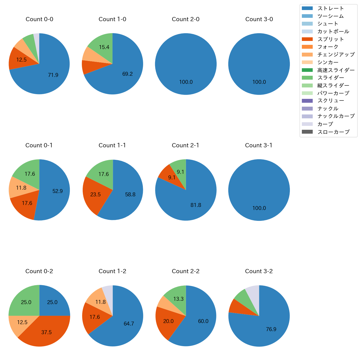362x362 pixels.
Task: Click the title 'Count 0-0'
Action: (x=39, y=19)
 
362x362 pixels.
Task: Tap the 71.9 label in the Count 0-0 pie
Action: (x=53, y=75)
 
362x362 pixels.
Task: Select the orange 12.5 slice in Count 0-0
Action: (x=21, y=60)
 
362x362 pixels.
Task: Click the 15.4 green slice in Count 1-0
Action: (x=104, y=47)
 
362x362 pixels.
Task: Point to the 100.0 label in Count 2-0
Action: (x=186, y=82)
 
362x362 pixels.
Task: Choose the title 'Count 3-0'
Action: (x=259, y=19)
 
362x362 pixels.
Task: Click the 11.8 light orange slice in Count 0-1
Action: (x=21, y=188)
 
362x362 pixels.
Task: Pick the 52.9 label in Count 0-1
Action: (x=58, y=191)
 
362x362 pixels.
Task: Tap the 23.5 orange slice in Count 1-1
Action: (x=96, y=194)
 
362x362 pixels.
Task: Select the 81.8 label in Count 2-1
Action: (x=196, y=205)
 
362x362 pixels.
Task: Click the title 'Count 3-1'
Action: (x=259, y=145)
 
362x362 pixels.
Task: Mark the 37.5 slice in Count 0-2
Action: (x=47, y=332)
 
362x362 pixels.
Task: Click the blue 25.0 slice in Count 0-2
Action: (x=52, y=302)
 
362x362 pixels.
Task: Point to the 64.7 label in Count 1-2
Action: (x=129, y=324)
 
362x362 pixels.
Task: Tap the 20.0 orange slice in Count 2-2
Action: (x=168, y=321)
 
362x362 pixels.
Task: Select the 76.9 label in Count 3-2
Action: (x=271, y=329)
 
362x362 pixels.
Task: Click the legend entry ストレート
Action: (x=331, y=8)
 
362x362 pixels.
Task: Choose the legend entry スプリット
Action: (x=331, y=39)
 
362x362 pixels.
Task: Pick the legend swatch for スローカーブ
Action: (x=307, y=132)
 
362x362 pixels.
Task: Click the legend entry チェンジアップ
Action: (x=336, y=55)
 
